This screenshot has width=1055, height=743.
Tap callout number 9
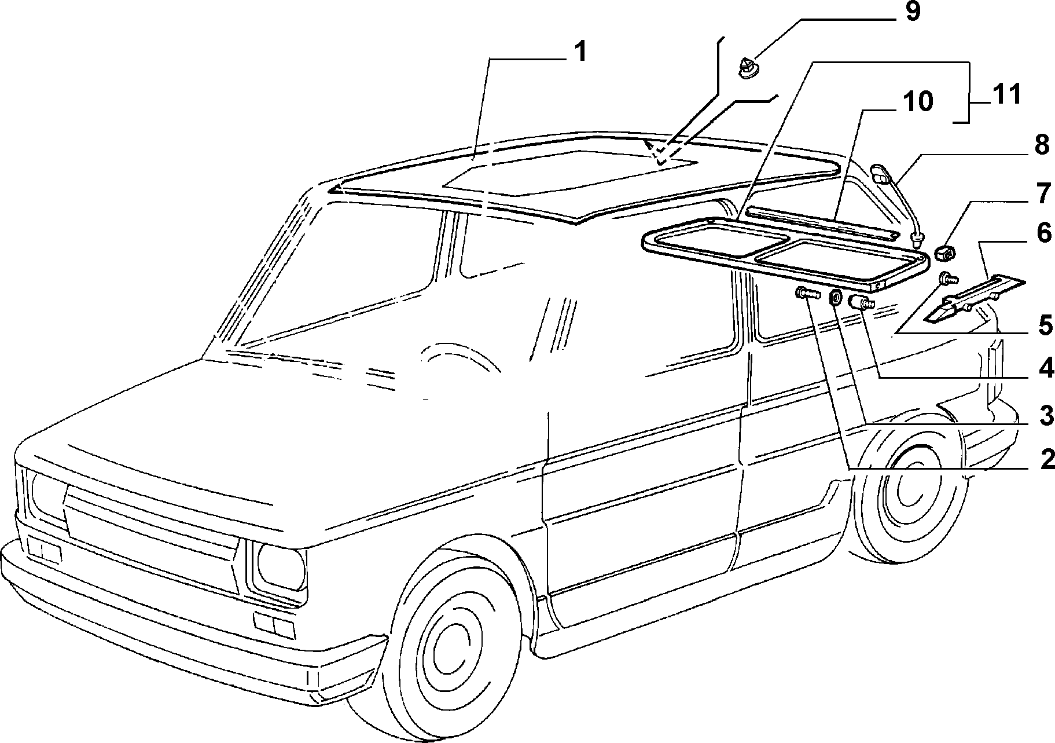pyautogui.click(x=913, y=12)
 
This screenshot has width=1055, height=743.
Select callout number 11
pyautogui.click(x=1007, y=93)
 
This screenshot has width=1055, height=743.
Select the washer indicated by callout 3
pyautogui.click(x=836, y=298)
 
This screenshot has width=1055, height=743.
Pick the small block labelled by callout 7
pyautogui.click(x=946, y=254)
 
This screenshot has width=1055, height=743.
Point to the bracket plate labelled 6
pyautogui.click(x=973, y=297)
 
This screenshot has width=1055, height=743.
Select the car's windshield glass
pyautogui.click(x=341, y=269)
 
